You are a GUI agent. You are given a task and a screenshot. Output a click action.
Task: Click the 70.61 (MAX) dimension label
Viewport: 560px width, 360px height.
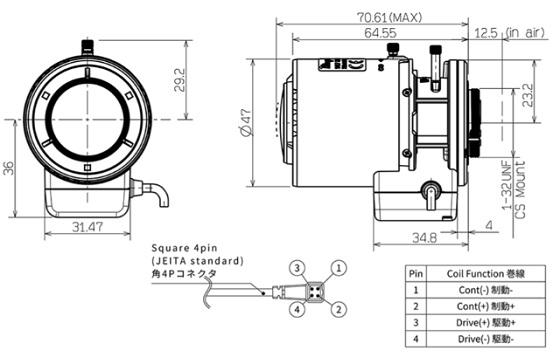tap(389, 17)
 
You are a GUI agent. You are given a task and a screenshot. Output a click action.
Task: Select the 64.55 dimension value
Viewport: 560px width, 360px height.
tap(380, 33)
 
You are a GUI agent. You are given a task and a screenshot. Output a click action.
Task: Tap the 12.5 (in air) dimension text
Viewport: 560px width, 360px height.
tap(510, 33)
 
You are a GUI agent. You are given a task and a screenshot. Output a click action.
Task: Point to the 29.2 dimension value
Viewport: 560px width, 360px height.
tap(180, 80)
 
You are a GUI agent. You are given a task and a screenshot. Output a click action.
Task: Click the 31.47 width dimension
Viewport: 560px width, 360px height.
tap(88, 226)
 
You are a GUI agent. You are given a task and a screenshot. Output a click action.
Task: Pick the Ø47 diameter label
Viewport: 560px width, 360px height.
tap(246, 122)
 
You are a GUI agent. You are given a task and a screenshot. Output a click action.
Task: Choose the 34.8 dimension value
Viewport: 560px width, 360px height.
tap(424, 238)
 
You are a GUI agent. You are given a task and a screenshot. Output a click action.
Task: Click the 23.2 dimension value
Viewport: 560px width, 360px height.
tap(527, 95)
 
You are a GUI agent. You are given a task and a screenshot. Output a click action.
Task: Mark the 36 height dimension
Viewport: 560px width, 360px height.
tap(8, 168)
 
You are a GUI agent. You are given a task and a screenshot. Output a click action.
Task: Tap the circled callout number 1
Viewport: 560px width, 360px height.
tap(339, 268)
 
